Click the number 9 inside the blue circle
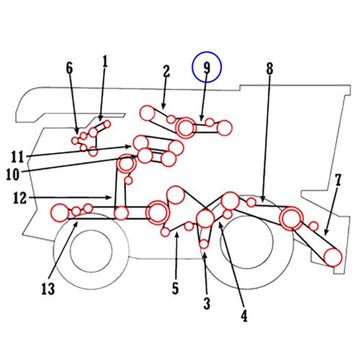click(x=207, y=67)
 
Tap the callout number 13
click(x=48, y=289)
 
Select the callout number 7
click(x=338, y=180)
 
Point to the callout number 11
click(x=17, y=157)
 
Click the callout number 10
click(x=12, y=174)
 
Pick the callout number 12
click(x=19, y=198)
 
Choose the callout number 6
click(x=69, y=68)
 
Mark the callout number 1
click(x=105, y=61)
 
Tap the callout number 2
click(x=166, y=71)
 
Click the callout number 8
click(x=270, y=68)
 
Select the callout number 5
click(x=176, y=288)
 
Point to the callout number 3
click(x=207, y=303)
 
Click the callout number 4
click(x=244, y=316)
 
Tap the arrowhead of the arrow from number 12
click(x=110, y=197)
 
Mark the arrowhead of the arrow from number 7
click(x=325, y=233)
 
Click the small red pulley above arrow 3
click(x=204, y=244)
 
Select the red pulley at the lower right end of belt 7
click(x=333, y=257)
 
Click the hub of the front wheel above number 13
click(x=91, y=251)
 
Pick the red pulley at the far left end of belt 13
click(x=60, y=212)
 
